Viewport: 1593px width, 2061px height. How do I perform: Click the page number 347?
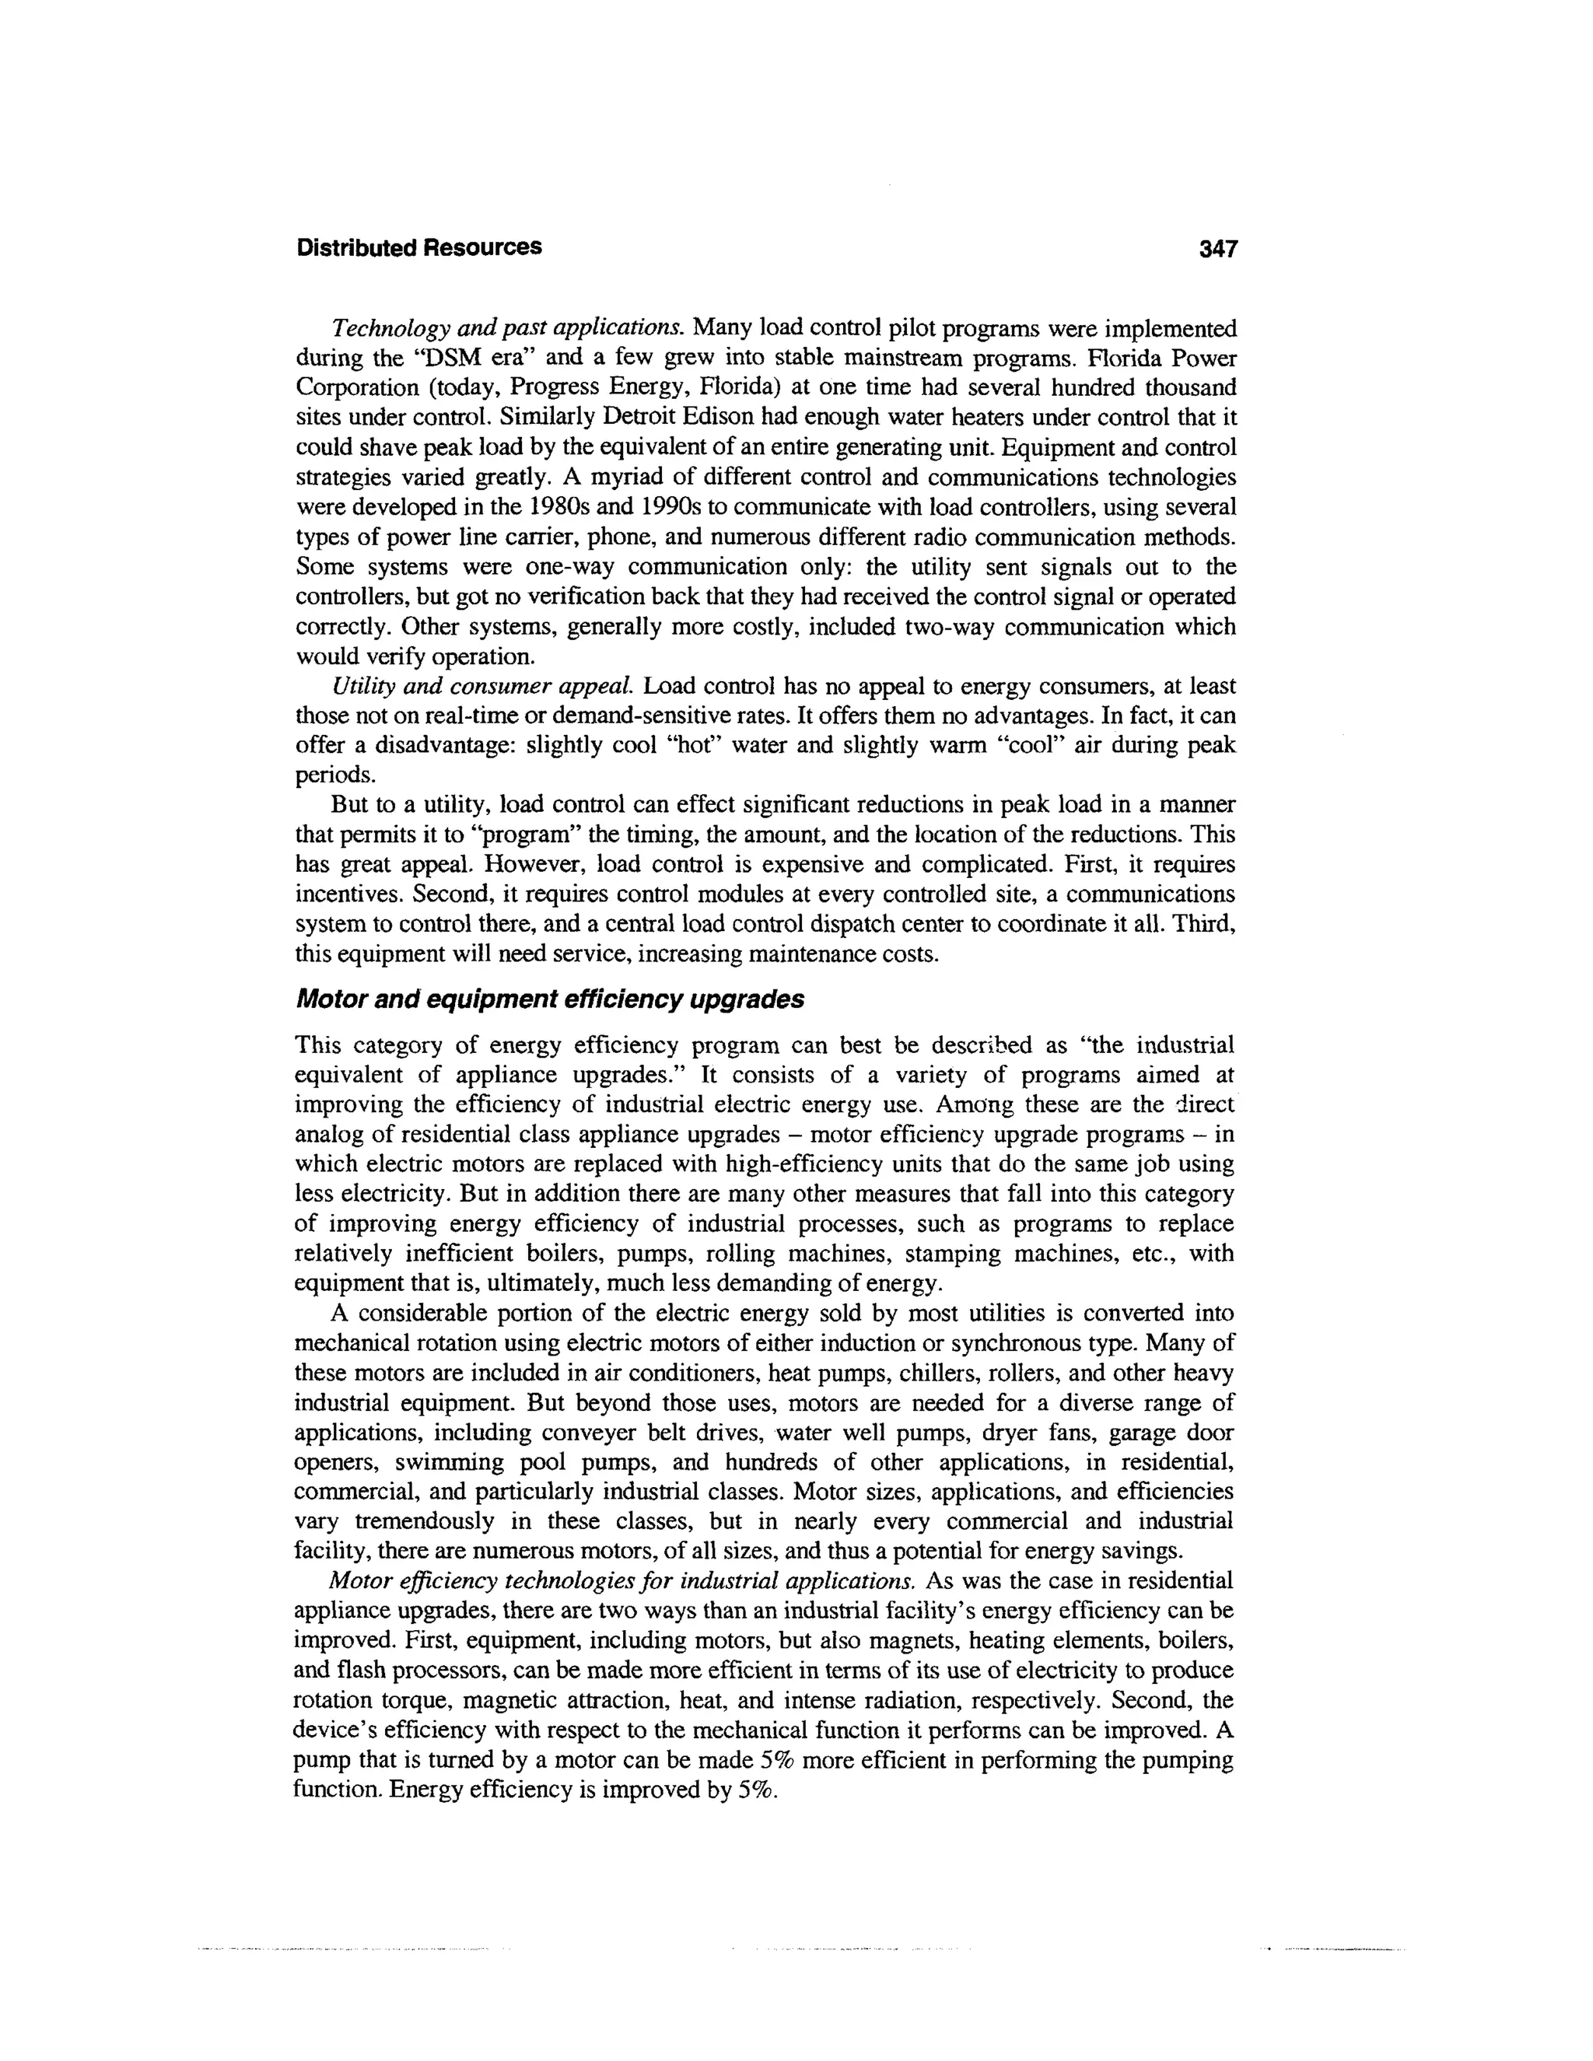point(1217,249)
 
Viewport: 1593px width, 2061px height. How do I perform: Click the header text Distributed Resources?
point(419,247)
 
